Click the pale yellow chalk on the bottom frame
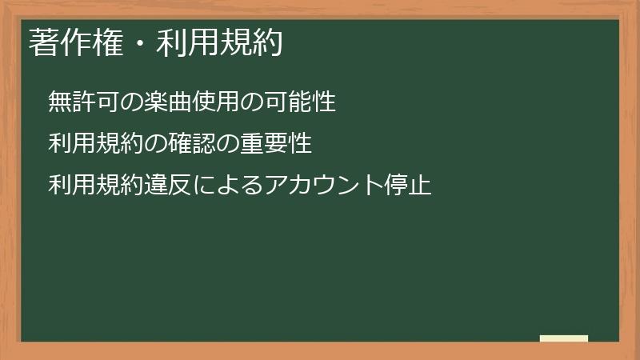564,338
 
